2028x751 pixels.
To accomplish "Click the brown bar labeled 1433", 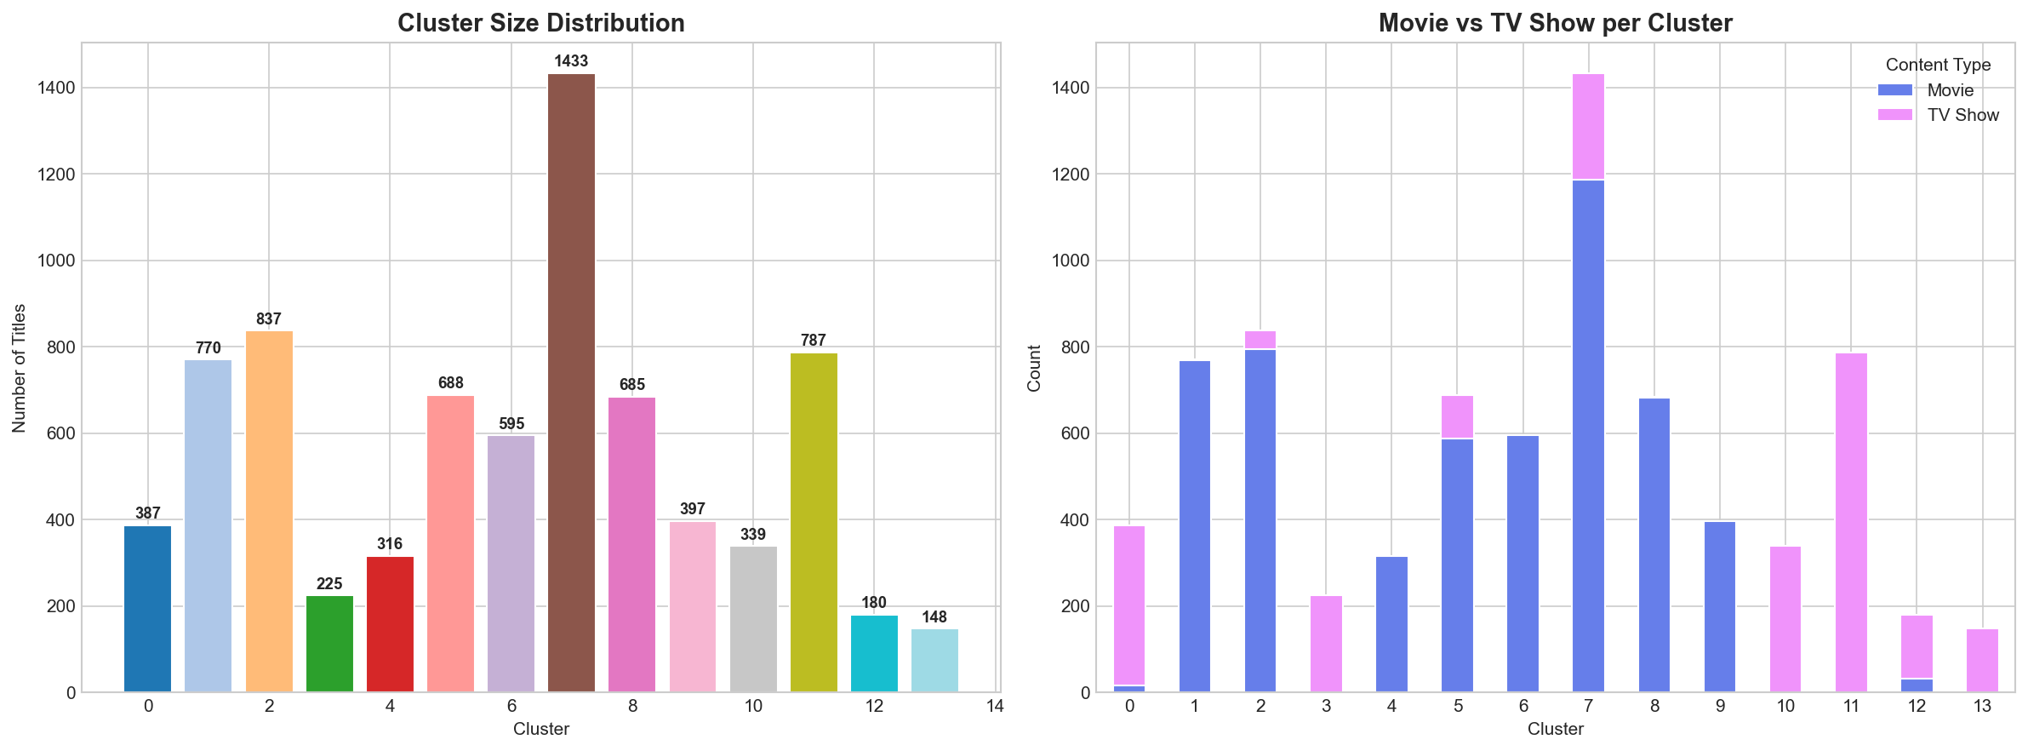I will click(x=571, y=383).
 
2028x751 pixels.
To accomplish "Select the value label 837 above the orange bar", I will click(x=269, y=320).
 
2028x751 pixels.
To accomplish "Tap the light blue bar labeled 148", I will click(x=934, y=661).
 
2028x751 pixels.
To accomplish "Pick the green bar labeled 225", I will click(x=329, y=645).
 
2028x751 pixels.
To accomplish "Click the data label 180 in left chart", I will click(x=874, y=603).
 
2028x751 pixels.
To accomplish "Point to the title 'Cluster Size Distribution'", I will click(x=540, y=23).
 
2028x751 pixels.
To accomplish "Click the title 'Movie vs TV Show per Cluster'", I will click(x=1555, y=23).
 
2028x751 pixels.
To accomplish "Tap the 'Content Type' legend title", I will click(x=1938, y=65).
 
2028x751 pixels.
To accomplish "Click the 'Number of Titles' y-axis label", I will click(x=20, y=368).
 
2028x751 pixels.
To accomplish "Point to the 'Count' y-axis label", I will click(x=1034, y=368).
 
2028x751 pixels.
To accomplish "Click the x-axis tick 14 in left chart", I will click(x=995, y=706).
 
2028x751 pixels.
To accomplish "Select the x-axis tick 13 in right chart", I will click(x=1982, y=706).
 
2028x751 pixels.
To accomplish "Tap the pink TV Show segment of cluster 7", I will click(x=1588, y=126).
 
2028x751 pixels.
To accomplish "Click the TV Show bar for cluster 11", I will click(x=1851, y=522).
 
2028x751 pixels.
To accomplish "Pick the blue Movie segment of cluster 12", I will click(x=1917, y=685).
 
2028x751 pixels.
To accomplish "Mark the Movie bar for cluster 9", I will click(x=1720, y=606).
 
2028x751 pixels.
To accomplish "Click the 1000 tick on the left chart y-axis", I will click(x=55, y=261).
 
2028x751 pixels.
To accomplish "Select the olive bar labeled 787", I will click(x=814, y=522).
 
